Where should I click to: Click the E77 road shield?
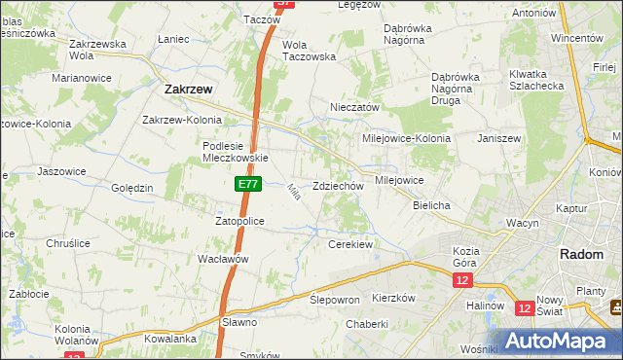[x=245, y=183]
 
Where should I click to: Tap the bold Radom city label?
[x=584, y=254]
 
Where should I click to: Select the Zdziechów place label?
[x=339, y=186]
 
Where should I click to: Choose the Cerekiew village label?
[x=350, y=244]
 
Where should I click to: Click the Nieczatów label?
[x=354, y=107]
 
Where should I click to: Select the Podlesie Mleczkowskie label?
[x=235, y=152]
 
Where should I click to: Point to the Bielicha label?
[x=430, y=206]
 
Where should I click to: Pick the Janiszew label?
[x=499, y=138]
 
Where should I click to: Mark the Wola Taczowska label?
[x=309, y=51]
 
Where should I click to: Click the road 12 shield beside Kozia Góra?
[x=461, y=280]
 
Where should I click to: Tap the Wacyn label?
[x=523, y=223]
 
